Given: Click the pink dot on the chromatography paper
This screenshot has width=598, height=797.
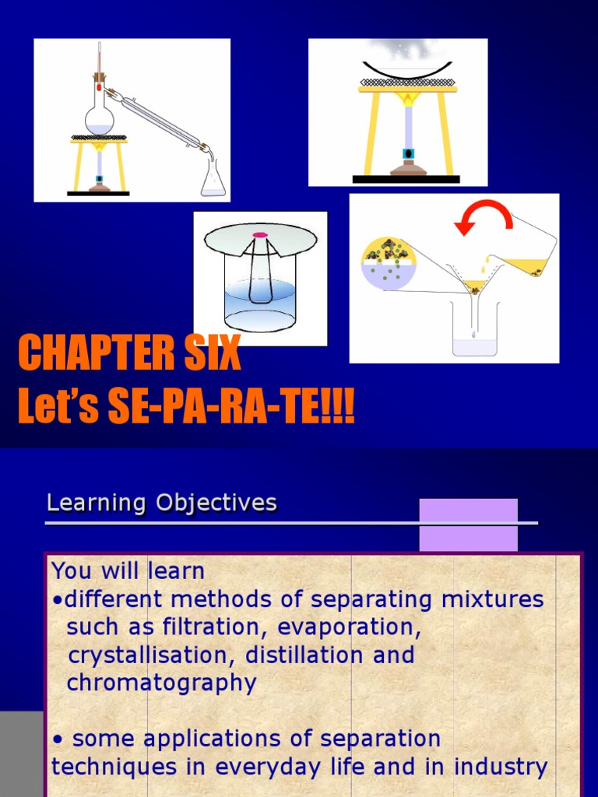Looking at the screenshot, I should pyautogui.click(x=260, y=234).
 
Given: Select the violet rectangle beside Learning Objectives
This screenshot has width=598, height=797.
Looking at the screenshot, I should pyautogui.click(x=468, y=525).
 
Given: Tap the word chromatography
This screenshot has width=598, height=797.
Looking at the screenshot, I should pyautogui.click(x=161, y=683).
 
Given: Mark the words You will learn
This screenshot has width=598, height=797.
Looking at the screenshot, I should pyautogui.click(x=128, y=571).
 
